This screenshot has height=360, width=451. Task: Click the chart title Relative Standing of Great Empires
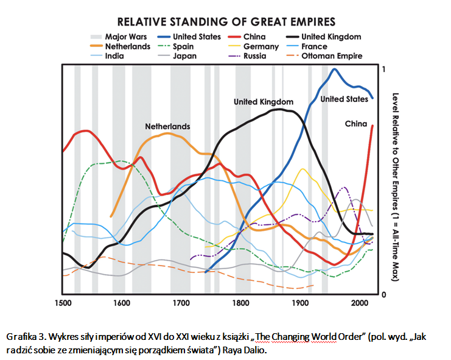click(x=226, y=21)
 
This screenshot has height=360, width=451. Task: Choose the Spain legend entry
click(x=183, y=46)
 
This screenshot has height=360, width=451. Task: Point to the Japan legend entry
click(x=184, y=56)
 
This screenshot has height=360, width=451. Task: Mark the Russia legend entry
click(x=254, y=56)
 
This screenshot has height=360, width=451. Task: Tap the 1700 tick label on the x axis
click(x=181, y=303)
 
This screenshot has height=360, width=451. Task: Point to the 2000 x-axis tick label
click(x=360, y=303)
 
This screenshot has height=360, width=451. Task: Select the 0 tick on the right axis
click(x=383, y=295)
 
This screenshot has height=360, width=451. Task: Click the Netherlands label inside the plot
click(x=167, y=127)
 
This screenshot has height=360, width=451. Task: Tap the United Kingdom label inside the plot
click(x=264, y=102)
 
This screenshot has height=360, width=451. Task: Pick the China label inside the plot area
click(x=356, y=124)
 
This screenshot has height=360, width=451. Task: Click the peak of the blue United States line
click(x=334, y=69)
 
